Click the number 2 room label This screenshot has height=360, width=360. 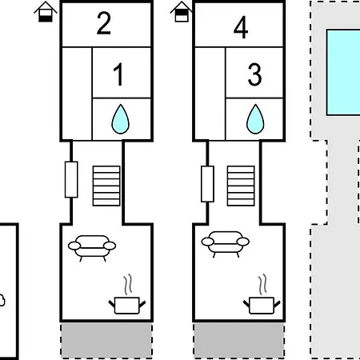(x=104, y=23)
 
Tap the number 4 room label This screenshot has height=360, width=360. (x=241, y=27)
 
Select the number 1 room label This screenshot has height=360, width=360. (x=118, y=74)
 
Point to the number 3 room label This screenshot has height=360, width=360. (x=254, y=74)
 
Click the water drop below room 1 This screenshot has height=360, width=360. (x=121, y=119)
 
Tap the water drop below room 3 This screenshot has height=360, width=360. (x=255, y=119)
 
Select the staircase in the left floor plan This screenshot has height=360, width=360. (x=106, y=186)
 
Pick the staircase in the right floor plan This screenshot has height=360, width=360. (x=241, y=186)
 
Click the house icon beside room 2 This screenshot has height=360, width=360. (x=46, y=12)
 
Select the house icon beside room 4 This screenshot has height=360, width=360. (x=182, y=12)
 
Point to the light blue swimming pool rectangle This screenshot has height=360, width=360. (x=343, y=73)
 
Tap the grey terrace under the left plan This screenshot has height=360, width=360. (x=106, y=340)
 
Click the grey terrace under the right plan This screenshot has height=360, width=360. (x=239, y=340)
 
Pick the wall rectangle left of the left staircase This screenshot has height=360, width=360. (x=71, y=179)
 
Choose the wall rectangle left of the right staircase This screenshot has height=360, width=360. (x=207, y=184)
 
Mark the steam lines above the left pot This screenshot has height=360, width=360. (x=128, y=285)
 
